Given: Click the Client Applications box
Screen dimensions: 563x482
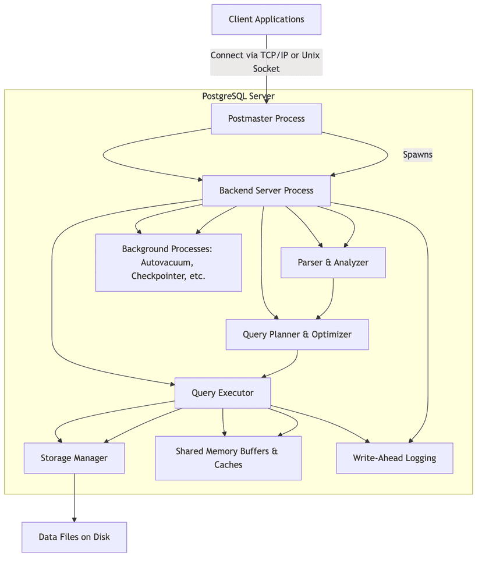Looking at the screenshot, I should tap(266, 20).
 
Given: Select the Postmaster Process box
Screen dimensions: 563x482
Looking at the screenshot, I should tap(266, 119).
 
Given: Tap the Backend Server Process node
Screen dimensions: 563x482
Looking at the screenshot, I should tap(266, 190).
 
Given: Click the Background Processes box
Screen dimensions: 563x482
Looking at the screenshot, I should tap(168, 263).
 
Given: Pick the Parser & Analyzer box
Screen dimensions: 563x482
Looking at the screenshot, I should tap(333, 263).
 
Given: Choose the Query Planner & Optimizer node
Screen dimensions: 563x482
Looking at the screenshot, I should tap(297, 335).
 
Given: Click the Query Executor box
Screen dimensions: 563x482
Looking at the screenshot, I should tap(222, 393).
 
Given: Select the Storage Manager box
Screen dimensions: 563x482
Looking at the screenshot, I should tap(74, 458).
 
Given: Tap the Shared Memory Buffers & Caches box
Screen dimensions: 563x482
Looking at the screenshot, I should tap(228, 458).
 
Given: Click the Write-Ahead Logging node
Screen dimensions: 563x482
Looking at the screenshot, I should tap(394, 458).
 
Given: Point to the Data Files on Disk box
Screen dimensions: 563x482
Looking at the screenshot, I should tap(74, 537).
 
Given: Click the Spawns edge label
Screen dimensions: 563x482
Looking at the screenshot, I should tap(417, 155).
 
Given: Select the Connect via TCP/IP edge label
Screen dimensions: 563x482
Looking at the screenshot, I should tap(266, 55).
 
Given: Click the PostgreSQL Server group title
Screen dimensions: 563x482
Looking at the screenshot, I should tap(238, 96).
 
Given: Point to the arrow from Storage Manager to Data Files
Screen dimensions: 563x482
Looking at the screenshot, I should tap(74, 498).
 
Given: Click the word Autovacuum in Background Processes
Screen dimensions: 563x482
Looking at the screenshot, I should tap(166, 263).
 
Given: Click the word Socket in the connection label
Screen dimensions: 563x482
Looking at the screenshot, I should tap(266, 69).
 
